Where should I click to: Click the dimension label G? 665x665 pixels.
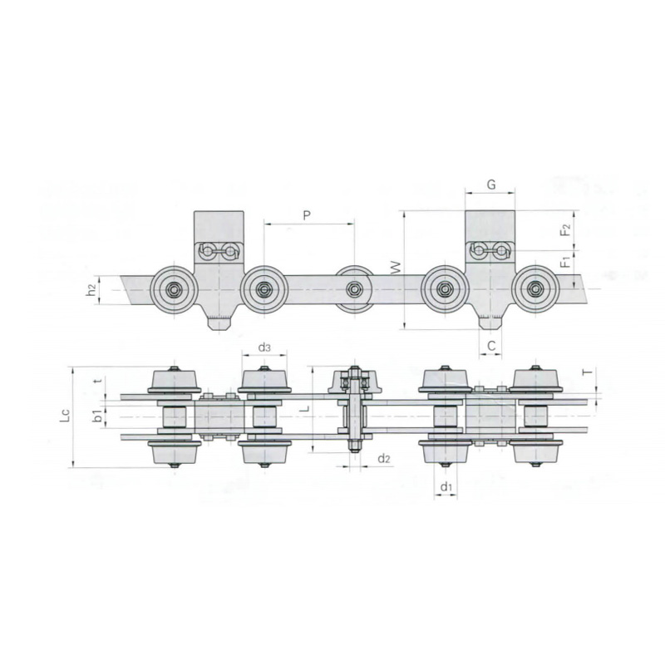point(490,185)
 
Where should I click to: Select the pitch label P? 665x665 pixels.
point(307,215)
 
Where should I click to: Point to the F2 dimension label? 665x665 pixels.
point(566,229)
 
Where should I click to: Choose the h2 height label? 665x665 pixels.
point(91,290)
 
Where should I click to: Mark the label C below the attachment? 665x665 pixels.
point(491,346)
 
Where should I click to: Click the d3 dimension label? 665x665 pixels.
point(264,347)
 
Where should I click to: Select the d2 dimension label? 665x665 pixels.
point(384,458)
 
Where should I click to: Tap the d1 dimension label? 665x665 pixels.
point(446,487)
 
